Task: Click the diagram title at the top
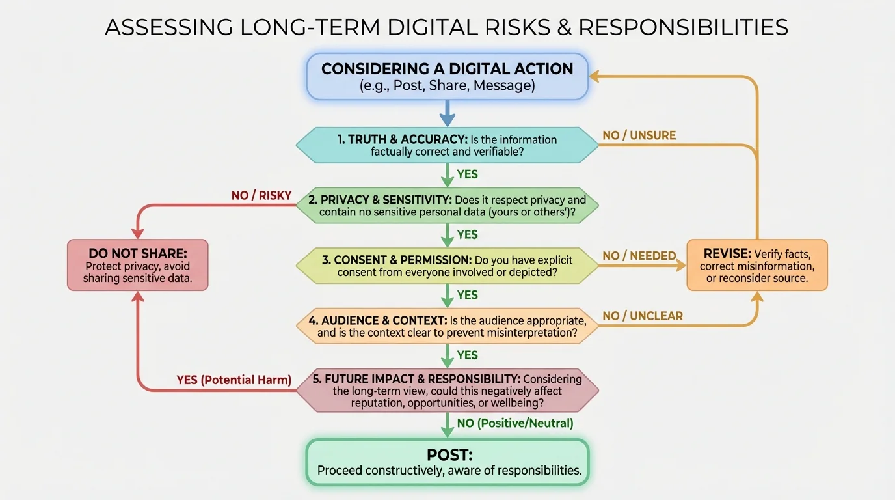coord(447,27)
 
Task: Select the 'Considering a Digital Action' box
coord(447,77)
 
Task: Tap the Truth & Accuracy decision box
coord(447,145)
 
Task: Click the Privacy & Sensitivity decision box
coord(447,206)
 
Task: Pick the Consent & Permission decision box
coord(447,266)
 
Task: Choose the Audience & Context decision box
coord(447,326)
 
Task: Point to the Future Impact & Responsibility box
coord(447,391)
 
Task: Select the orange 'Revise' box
coord(757,265)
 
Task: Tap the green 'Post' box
coord(447,462)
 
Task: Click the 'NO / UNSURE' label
coord(639,135)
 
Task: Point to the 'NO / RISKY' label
coord(261,195)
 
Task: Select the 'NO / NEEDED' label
coord(639,256)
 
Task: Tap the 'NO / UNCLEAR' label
coord(643,316)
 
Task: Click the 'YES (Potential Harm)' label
coord(234,380)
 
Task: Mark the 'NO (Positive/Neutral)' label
coord(515,423)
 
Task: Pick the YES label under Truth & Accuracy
coord(467,174)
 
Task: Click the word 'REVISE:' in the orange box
coord(727,253)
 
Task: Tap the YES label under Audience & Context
coord(467,355)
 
